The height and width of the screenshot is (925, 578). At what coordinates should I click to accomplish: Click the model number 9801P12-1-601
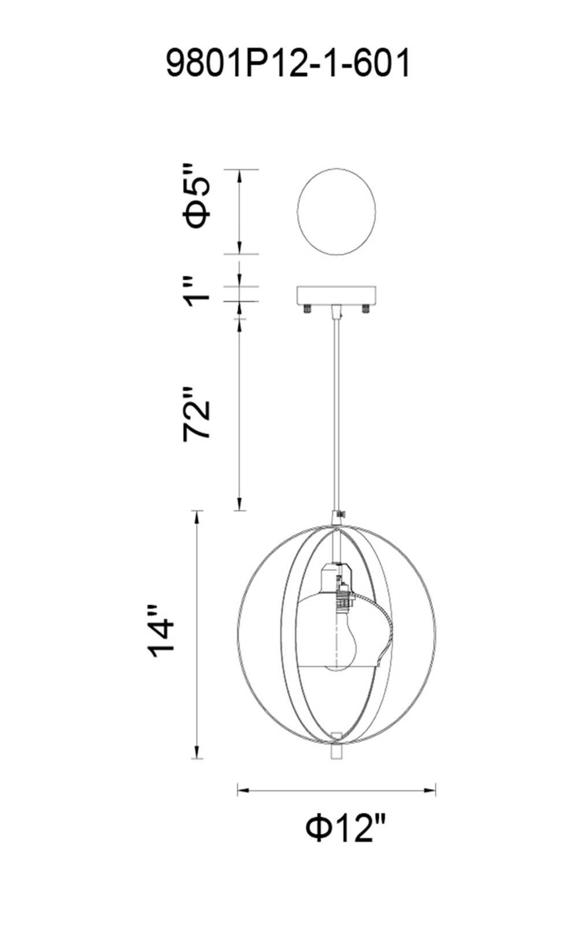[x=288, y=62]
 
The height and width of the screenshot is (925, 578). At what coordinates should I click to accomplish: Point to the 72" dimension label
[x=197, y=414]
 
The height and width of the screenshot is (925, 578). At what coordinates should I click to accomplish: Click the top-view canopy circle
[x=336, y=211]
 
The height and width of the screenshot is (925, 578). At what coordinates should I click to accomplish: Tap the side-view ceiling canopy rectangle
[x=336, y=294]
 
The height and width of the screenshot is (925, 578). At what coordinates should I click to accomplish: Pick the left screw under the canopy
[x=308, y=308]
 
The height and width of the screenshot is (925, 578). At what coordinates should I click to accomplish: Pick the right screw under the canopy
[x=365, y=308]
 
